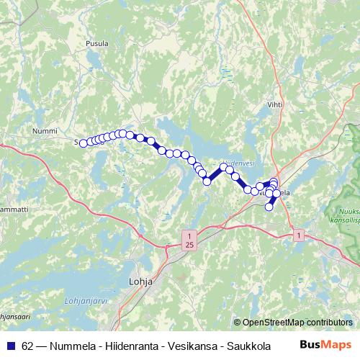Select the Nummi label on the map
click(45, 131)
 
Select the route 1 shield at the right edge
click(298, 235)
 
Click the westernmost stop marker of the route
click(83, 143)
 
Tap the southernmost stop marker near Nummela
click(269, 207)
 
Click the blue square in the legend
click(11, 345)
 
